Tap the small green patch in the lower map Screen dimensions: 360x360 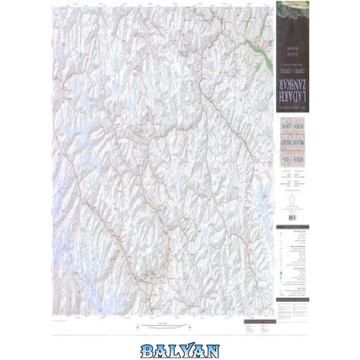(x=149, y=277)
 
